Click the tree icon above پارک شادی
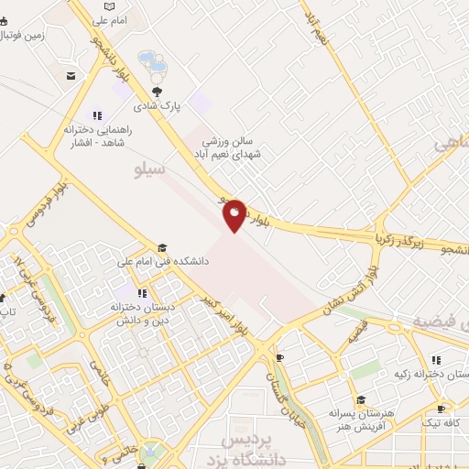coord(157,91)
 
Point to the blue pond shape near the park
coord(152,62)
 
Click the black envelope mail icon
coord(71,75)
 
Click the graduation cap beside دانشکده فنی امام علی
coord(162,247)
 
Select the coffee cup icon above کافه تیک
coord(442,408)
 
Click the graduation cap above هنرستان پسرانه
coord(361,399)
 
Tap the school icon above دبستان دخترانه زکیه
coord(436,359)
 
